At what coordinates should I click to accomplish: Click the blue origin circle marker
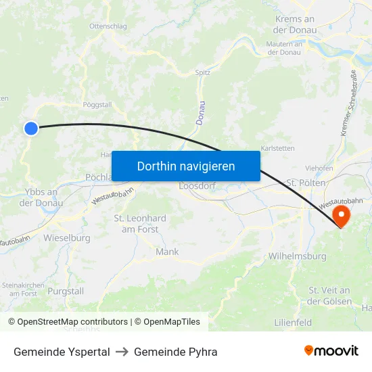[31, 128]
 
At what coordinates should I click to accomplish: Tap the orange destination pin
[340, 216]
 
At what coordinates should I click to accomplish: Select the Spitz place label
[203, 72]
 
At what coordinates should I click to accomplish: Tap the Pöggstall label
[97, 106]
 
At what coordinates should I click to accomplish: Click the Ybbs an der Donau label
[41, 197]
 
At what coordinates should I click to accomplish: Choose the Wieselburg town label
[67, 238]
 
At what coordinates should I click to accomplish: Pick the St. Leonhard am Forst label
[140, 224]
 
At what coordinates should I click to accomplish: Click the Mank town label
[167, 252]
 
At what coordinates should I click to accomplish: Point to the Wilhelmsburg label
[297, 256]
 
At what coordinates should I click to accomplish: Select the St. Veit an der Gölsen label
[330, 296]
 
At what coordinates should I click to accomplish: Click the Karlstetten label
[277, 147]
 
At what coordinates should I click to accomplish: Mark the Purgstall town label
[66, 290]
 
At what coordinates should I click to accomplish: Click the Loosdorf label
[196, 186]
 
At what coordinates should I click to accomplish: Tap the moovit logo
[331, 351]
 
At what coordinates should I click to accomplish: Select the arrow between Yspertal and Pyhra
[122, 352]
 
